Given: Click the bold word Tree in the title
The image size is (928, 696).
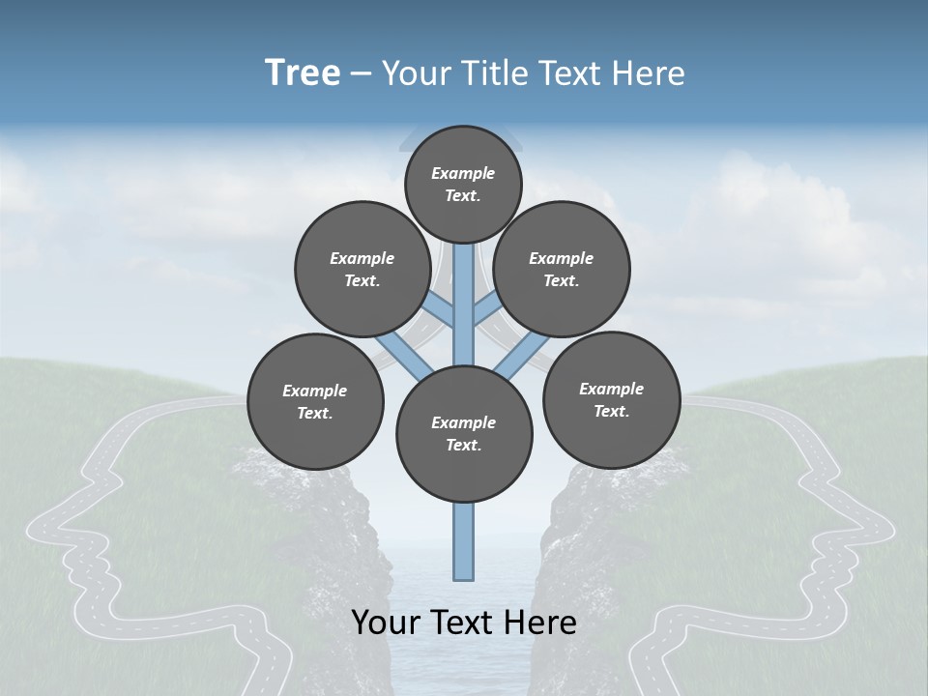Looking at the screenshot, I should click(303, 72).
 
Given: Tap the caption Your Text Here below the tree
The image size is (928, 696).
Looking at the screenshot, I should click(464, 623).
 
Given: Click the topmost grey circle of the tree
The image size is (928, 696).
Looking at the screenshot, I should click(463, 184).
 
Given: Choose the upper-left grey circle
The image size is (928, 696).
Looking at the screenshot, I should click(362, 269).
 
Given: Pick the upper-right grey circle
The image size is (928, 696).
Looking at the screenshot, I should click(562, 269).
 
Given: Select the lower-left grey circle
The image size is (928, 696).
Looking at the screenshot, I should click(315, 401).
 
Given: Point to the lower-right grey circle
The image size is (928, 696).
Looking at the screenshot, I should click(611, 399).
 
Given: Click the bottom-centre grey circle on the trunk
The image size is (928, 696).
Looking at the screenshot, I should click(464, 433).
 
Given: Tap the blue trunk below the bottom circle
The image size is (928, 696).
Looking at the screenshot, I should click(464, 541).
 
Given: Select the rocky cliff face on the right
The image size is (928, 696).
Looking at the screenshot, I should click(580, 541).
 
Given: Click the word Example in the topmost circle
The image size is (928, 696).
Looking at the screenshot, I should click(463, 173).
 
